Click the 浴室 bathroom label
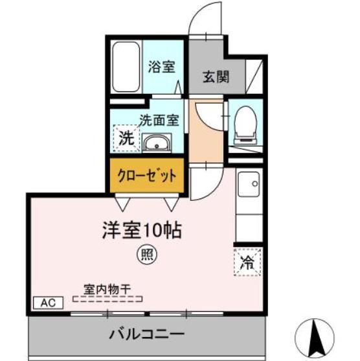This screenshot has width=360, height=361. pos(161,67)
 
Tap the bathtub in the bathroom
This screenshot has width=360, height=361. pos(126,67)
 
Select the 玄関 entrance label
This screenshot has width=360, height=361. pos(216,76)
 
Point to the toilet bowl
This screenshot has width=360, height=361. pos(245,125)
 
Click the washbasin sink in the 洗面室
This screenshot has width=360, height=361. pos(157,143)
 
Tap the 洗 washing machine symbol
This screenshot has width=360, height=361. pos(126,138)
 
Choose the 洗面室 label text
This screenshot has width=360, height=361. pos(159,120)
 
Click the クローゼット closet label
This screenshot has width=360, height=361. pos(147,176)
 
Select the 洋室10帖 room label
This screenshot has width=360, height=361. pos(142,231)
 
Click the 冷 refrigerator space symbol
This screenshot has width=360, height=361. pos(247,262)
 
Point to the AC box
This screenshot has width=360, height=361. pos(49,303)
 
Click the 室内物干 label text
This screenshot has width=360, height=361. pos(107,290)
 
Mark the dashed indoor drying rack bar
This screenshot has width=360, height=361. pos(107,299)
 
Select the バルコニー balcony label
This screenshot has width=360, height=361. pos(146,334)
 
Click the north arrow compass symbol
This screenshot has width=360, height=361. pos(315,338)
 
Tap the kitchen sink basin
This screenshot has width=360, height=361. pos(249,183)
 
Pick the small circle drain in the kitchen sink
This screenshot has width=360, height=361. pos(255,183)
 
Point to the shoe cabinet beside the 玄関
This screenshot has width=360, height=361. pos(254,76)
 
